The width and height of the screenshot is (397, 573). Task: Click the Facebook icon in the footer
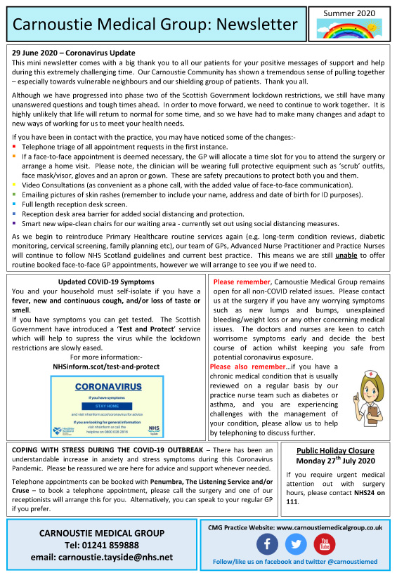tap(267, 544)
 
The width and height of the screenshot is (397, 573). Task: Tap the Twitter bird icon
tap(296, 544)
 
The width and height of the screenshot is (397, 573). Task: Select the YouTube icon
tap(325, 544)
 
